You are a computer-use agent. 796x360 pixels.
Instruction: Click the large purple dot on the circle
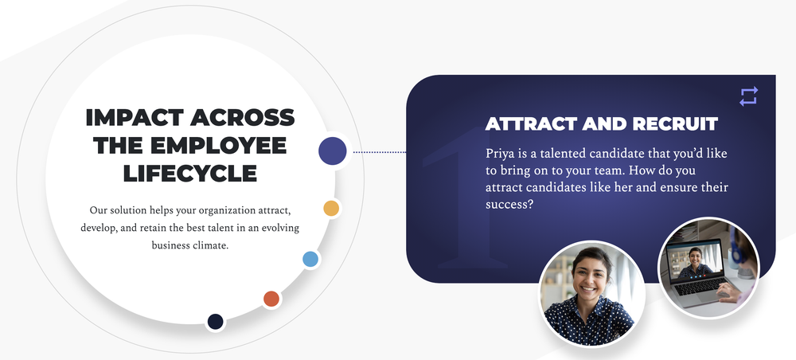click(x=333, y=151)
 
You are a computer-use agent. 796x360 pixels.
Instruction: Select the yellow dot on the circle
click(x=331, y=208)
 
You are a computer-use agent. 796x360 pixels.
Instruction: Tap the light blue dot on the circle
click(x=310, y=259)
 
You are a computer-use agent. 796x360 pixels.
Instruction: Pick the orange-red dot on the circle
click(x=271, y=299)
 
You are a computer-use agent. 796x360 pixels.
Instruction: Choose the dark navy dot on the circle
click(x=215, y=322)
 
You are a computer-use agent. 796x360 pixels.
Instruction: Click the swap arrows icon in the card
click(x=748, y=96)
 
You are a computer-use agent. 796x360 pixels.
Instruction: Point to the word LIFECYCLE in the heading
click(x=190, y=173)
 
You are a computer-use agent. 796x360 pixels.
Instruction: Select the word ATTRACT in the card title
click(x=531, y=124)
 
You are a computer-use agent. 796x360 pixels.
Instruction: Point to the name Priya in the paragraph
click(x=497, y=154)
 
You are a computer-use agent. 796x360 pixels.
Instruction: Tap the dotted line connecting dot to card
click(x=380, y=152)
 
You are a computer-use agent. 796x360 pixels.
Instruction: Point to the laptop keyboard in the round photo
click(x=698, y=287)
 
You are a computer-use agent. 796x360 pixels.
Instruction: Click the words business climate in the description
click(x=190, y=245)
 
